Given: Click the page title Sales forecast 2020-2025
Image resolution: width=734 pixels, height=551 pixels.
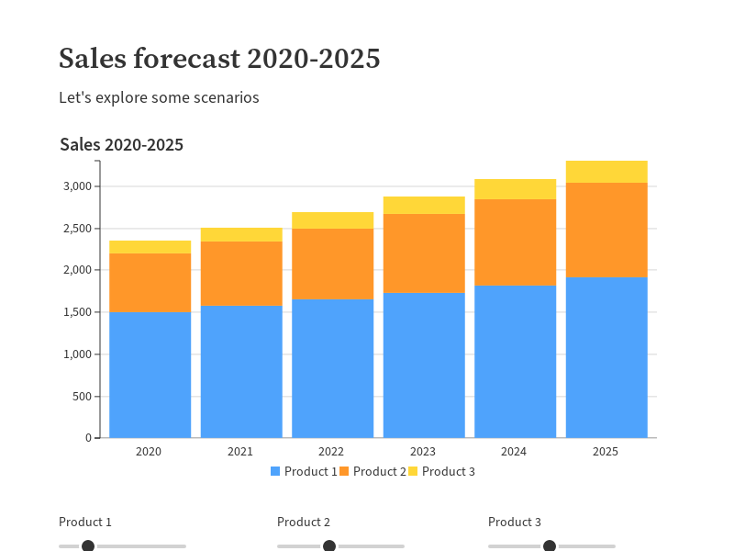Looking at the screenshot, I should click(219, 59).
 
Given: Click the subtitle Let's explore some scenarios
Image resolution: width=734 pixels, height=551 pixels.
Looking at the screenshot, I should click(159, 97).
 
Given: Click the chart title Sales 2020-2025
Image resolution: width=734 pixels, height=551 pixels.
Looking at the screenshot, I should click(121, 145).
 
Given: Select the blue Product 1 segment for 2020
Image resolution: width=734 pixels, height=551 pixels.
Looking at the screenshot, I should click(150, 375).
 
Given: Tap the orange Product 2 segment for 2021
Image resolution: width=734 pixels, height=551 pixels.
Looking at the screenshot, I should click(241, 274).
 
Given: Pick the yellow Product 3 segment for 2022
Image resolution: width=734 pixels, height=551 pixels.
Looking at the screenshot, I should click(332, 220).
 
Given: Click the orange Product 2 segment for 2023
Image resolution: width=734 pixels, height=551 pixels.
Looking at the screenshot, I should click(424, 253).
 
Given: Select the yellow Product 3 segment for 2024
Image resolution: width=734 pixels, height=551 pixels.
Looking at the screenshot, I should click(515, 189).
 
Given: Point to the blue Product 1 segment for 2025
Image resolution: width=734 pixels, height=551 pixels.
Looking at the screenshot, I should click(606, 357).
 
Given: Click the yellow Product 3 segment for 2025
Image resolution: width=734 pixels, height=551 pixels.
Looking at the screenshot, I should click(606, 172).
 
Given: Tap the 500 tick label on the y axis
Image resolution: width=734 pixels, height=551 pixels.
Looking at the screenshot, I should click(83, 397).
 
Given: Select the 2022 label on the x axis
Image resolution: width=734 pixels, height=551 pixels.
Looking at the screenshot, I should click(331, 452).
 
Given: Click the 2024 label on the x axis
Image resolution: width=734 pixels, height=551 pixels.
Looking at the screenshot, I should click(514, 452).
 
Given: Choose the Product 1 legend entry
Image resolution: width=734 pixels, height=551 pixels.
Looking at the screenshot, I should click(304, 471).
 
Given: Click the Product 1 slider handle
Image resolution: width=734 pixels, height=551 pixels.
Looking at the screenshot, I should click(88, 546).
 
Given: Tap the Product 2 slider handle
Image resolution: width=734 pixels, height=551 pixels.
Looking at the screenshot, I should click(329, 546).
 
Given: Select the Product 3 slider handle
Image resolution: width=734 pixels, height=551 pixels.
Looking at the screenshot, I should click(550, 546).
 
